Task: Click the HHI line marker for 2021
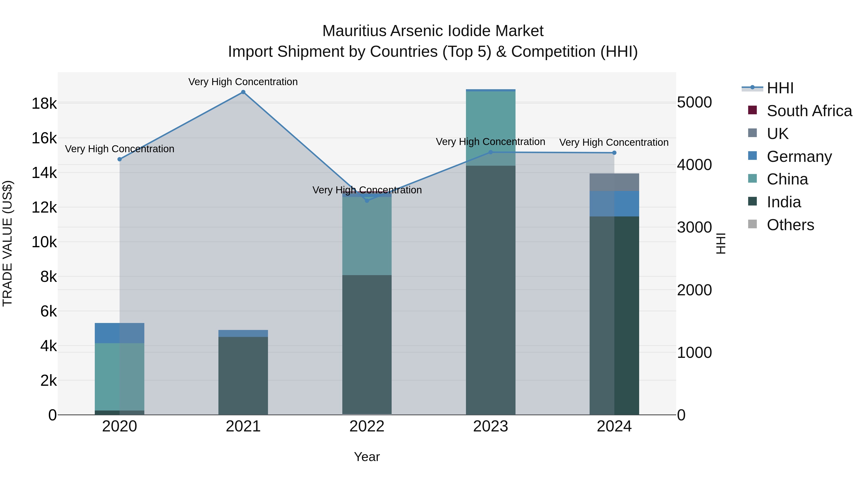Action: click(x=243, y=92)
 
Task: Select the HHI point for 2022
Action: click(x=367, y=201)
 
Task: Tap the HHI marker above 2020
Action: click(x=119, y=159)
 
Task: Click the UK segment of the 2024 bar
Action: click(x=614, y=182)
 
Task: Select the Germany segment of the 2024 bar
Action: click(x=614, y=204)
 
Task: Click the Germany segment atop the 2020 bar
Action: click(x=119, y=333)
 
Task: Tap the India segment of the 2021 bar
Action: click(x=243, y=375)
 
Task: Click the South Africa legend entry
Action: click(x=809, y=111)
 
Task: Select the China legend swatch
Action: click(x=752, y=178)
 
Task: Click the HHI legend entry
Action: click(x=780, y=88)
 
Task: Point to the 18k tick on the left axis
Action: click(x=44, y=103)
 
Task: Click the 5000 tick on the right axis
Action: click(x=694, y=102)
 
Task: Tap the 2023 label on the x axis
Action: click(x=490, y=426)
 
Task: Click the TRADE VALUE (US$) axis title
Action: click(x=7, y=243)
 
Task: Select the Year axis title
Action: click(x=367, y=457)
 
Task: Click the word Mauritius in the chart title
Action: click(x=354, y=31)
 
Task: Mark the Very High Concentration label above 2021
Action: click(x=243, y=82)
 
